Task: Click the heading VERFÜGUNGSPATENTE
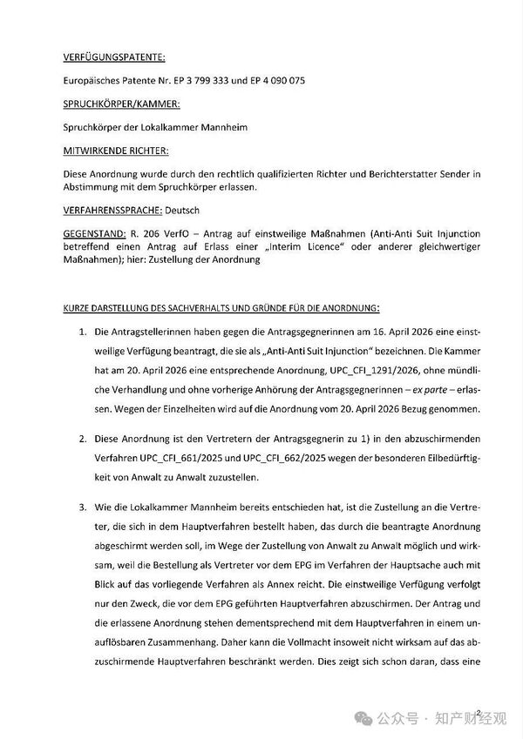coord(113,58)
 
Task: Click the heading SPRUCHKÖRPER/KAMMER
coord(122,104)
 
